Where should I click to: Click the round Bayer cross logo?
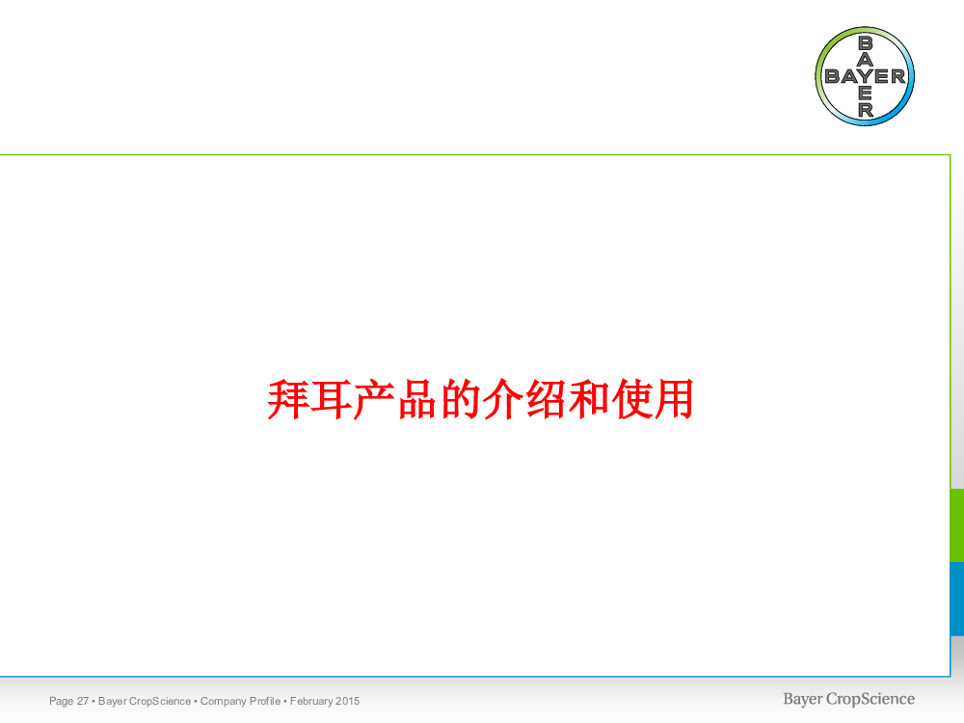coord(865,76)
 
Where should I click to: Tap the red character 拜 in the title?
coord(287,400)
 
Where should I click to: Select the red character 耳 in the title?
coord(331,400)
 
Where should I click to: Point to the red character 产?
coord(374,400)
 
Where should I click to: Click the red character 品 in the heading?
coord(416,400)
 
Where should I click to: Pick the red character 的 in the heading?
coord(460,400)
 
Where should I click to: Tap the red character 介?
coord(503,400)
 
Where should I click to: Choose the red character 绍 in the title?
coord(546,400)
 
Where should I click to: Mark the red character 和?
coord(589,400)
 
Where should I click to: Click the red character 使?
coord(632,400)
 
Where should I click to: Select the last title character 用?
coord(675,400)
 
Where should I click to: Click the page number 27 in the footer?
coord(82,701)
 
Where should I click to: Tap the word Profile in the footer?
coord(267,701)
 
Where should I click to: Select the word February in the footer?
coord(311,702)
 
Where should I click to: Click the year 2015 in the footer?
coord(348,701)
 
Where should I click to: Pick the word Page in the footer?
coord(62,702)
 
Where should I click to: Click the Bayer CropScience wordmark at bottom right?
coord(848,700)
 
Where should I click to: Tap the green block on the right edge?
coord(957,525)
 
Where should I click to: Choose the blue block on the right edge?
coord(957,599)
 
